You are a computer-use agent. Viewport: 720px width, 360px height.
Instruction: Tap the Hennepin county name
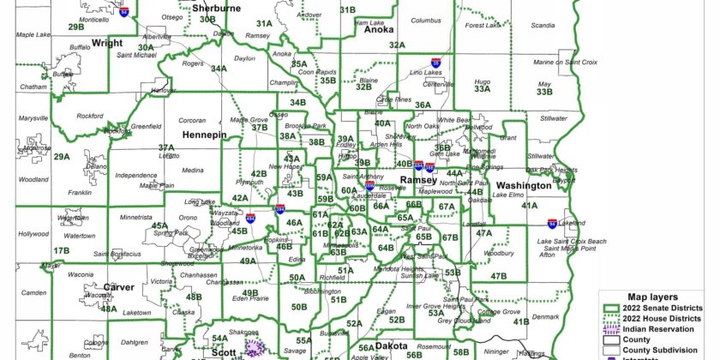tap(203, 135)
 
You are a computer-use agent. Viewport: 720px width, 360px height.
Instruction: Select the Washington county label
tap(523, 185)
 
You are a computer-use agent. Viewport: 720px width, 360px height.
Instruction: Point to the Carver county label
tap(118, 287)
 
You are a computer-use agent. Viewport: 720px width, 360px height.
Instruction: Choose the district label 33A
tap(483, 88)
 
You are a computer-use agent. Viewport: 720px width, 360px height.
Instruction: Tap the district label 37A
tap(166, 147)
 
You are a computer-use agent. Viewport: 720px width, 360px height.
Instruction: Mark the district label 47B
tap(500, 276)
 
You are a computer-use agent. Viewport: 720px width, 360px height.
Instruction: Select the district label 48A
tap(109, 309)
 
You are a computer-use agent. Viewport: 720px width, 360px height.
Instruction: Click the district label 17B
tap(61, 251)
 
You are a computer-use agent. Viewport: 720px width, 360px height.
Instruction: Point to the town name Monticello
tap(93, 19)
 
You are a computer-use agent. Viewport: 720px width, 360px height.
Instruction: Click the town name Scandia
tap(543, 26)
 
